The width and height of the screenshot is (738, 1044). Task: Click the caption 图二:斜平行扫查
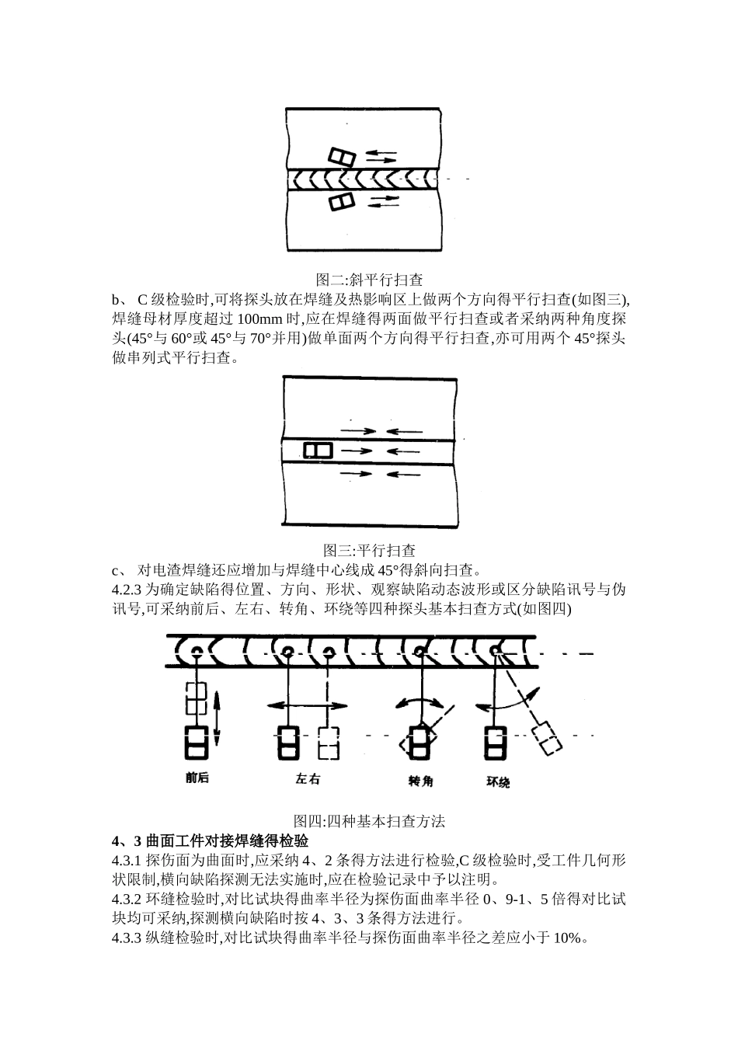tap(369, 279)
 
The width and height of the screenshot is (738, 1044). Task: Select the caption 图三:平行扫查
tap(369, 551)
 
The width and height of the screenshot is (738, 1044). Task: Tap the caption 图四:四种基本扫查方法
tap(369, 820)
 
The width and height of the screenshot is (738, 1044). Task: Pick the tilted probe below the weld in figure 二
tap(342, 202)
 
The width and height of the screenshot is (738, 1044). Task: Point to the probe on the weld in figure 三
tap(318, 450)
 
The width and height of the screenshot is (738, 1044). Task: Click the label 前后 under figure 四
tap(197, 778)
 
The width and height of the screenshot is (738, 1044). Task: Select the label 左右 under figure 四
tap(308, 779)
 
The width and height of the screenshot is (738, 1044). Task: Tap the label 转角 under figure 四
tap(420, 781)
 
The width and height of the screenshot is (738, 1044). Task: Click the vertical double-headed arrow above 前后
tap(217, 716)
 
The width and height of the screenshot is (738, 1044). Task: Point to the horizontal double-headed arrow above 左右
tap(308, 705)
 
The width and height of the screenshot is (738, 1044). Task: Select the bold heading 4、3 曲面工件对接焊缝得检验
tap(211, 841)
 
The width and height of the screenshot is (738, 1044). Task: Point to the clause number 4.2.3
tap(128, 590)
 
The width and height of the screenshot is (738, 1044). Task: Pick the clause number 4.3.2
tap(128, 900)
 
